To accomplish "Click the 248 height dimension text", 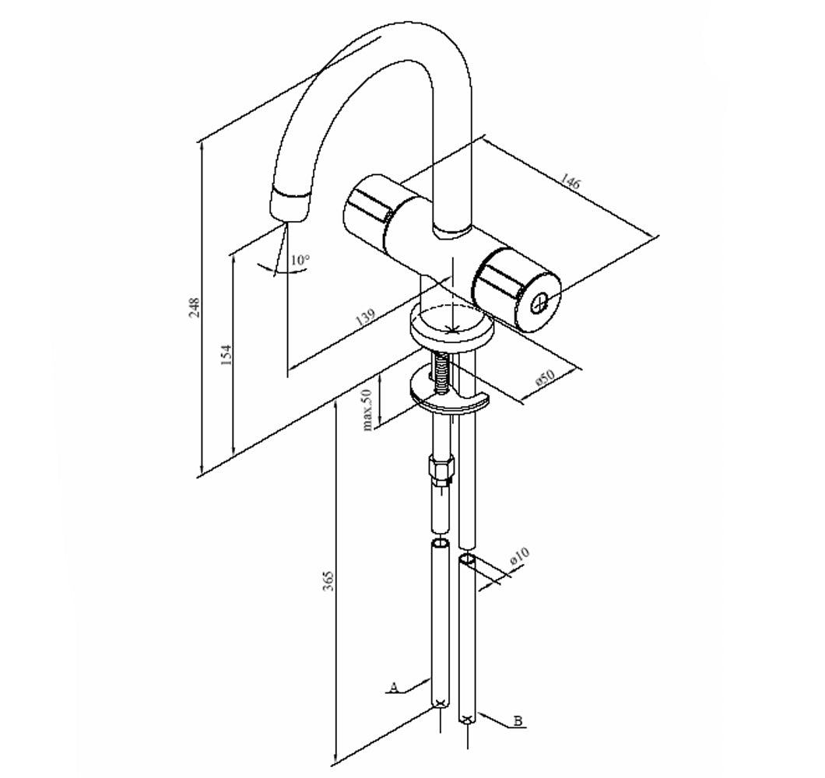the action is (195, 308).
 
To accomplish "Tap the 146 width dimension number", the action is (569, 182).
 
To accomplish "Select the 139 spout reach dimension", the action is (366, 317).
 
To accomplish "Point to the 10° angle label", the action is (300, 260).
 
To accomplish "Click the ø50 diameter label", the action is (545, 377).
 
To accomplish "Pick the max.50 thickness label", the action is (367, 408).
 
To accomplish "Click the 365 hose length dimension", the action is (328, 580).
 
